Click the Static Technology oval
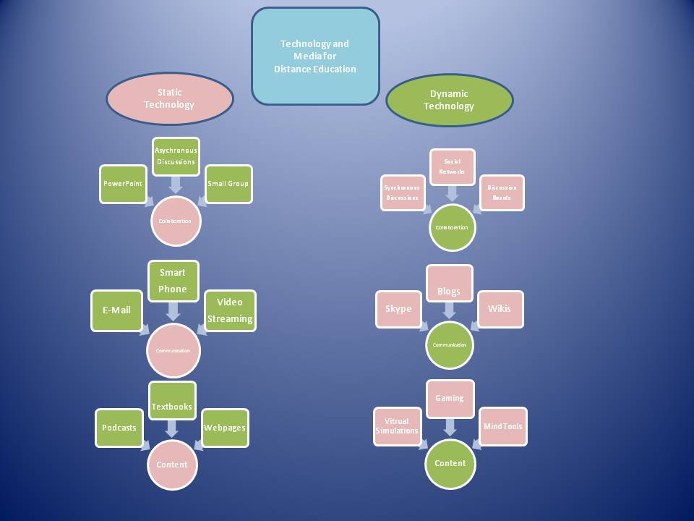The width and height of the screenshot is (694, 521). tap(169, 98)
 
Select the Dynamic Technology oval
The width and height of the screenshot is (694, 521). tap(449, 100)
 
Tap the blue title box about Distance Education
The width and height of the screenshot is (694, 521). tap(315, 56)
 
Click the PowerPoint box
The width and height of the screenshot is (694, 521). tap(123, 183)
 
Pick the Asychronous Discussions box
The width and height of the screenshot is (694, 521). tap(176, 156)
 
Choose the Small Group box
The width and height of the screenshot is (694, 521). tap(228, 183)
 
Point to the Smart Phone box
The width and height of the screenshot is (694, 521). tap(173, 281)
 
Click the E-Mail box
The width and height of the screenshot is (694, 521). tap(116, 310)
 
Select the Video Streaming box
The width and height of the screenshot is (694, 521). tap(230, 310)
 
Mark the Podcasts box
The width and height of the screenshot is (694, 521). tap(119, 427)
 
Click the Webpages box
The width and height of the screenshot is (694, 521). tap(225, 427)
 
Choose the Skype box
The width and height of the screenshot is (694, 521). tap(398, 309)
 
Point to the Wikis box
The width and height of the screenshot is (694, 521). tap(500, 309)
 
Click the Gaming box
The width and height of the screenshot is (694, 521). tap(449, 398)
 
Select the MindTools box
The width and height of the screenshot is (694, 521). tap(503, 426)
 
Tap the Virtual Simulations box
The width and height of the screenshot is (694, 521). tap(397, 426)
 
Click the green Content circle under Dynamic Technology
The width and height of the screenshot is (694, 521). tap(450, 463)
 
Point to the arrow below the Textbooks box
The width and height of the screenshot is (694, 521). tap(172, 428)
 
